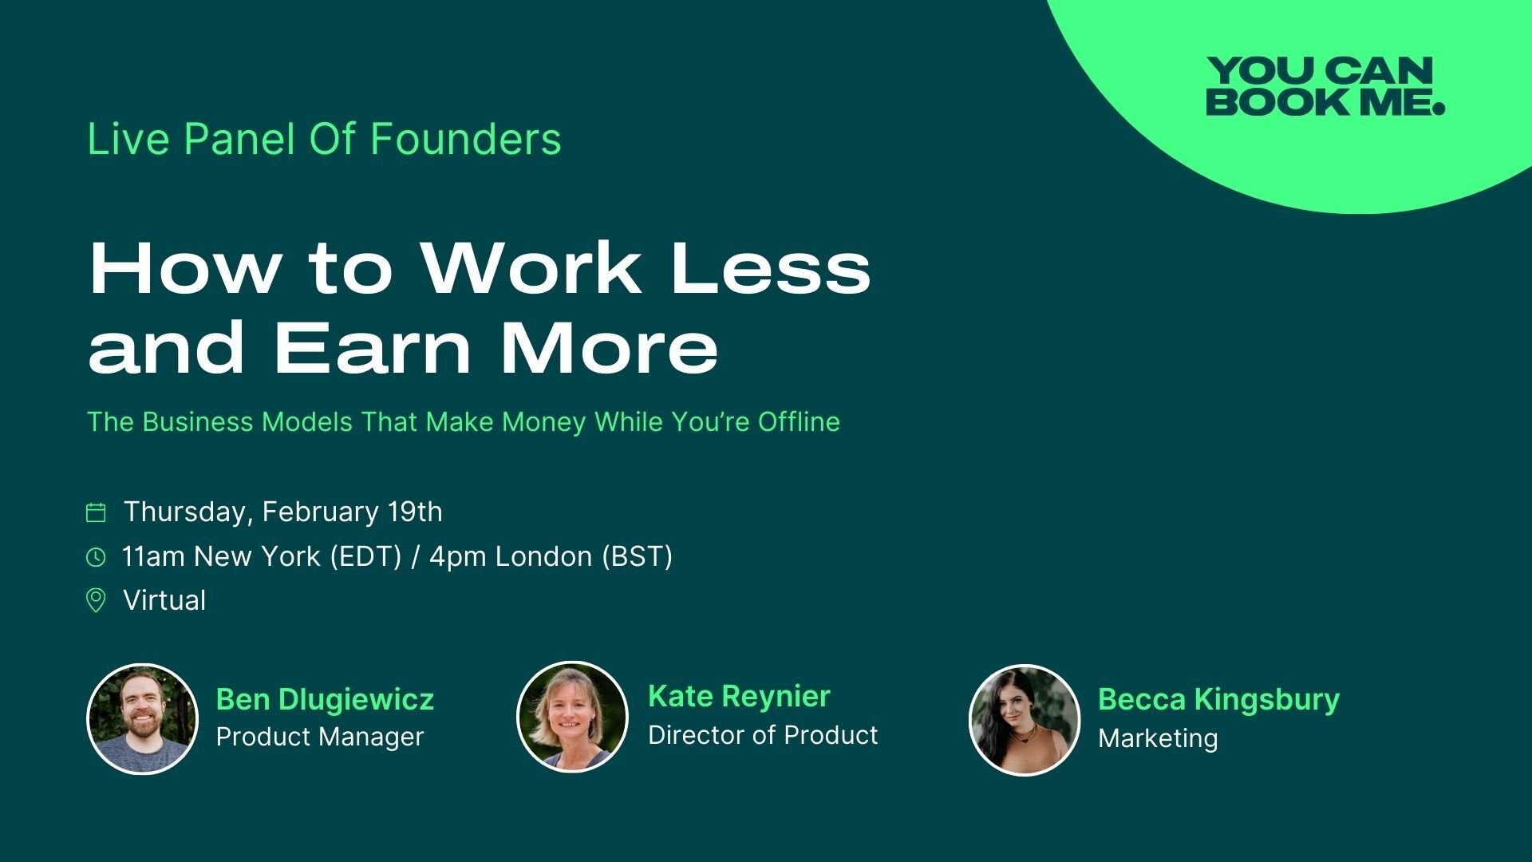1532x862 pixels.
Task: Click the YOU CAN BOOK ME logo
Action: pyautogui.click(x=1325, y=86)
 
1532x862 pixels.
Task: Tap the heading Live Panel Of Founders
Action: pyautogui.click(x=324, y=139)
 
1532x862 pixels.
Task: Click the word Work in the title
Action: pyautogui.click(x=532, y=268)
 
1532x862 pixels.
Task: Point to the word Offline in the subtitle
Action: pyautogui.click(x=799, y=421)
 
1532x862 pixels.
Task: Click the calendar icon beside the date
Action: pyautogui.click(x=96, y=512)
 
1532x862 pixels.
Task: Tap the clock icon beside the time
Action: pyautogui.click(x=96, y=557)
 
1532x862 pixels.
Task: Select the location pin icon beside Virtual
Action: pyautogui.click(x=96, y=600)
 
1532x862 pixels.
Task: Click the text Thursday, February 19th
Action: pyautogui.click(x=283, y=512)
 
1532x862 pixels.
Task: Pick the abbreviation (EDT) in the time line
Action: pyautogui.click(x=365, y=556)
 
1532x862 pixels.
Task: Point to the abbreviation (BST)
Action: pyautogui.click(x=637, y=556)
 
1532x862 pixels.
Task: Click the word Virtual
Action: pyautogui.click(x=164, y=600)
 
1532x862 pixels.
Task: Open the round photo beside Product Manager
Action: pyautogui.click(x=142, y=719)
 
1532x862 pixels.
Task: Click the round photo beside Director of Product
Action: pyautogui.click(x=573, y=717)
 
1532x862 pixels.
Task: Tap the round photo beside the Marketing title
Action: pyautogui.click(x=1025, y=720)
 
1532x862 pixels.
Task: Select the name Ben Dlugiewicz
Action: pyautogui.click(x=325, y=699)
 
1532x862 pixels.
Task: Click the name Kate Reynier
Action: pyautogui.click(x=739, y=697)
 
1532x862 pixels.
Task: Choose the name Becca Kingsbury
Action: pyautogui.click(x=1218, y=700)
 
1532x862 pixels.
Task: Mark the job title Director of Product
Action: pyautogui.click(x=763, y=735)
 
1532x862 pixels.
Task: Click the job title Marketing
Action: pyautogui.click(x=1158, y=738)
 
